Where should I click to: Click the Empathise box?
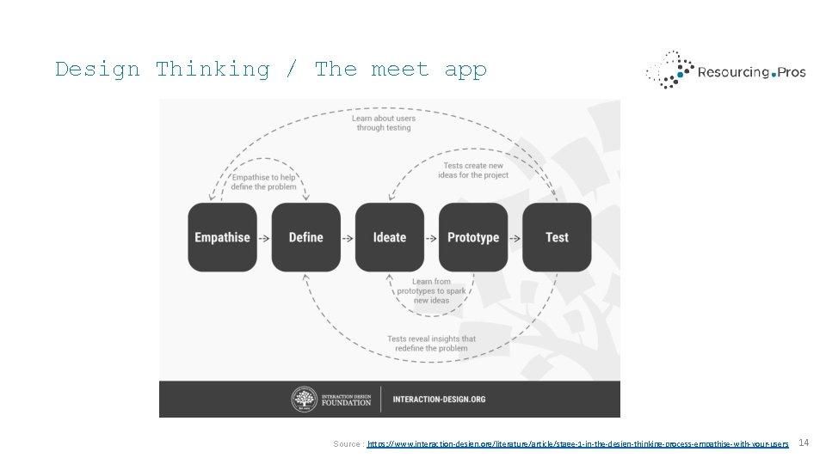point(222,237)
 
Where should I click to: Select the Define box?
point(305,237)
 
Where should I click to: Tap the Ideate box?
point(389,237)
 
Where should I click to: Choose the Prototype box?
point(473,237)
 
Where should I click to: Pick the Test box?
point(557,237)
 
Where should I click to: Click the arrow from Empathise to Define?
point(264,237)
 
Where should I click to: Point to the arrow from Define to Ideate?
point(348,237)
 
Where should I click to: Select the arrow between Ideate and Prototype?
point(431,237)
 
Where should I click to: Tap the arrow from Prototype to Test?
point(515,237)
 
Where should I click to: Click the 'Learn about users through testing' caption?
point(384,123)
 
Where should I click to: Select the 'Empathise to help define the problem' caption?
point(263,182)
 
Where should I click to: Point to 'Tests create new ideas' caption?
point(472,170)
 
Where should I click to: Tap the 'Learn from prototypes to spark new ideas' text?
point(431,290)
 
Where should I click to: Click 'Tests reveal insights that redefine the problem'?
point(431,343)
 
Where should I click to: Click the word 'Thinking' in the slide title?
point(213,70)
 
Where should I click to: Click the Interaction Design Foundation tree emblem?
point(303,399)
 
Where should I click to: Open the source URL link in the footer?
point(577,443)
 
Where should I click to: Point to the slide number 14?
point(804,443)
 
